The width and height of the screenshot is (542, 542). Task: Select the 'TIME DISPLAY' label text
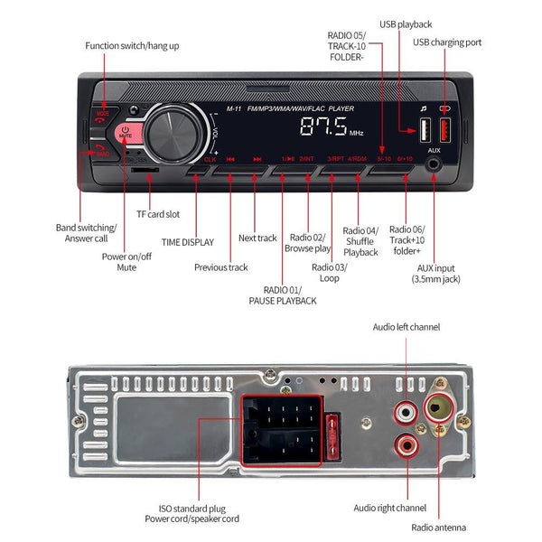pos(188,242)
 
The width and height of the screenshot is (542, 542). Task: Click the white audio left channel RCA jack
pos(404,411)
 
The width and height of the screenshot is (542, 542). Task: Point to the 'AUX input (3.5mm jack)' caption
pos(437,274)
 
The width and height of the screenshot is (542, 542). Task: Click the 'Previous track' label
pos(220,267)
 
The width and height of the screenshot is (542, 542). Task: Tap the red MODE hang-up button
pos(103,115)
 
